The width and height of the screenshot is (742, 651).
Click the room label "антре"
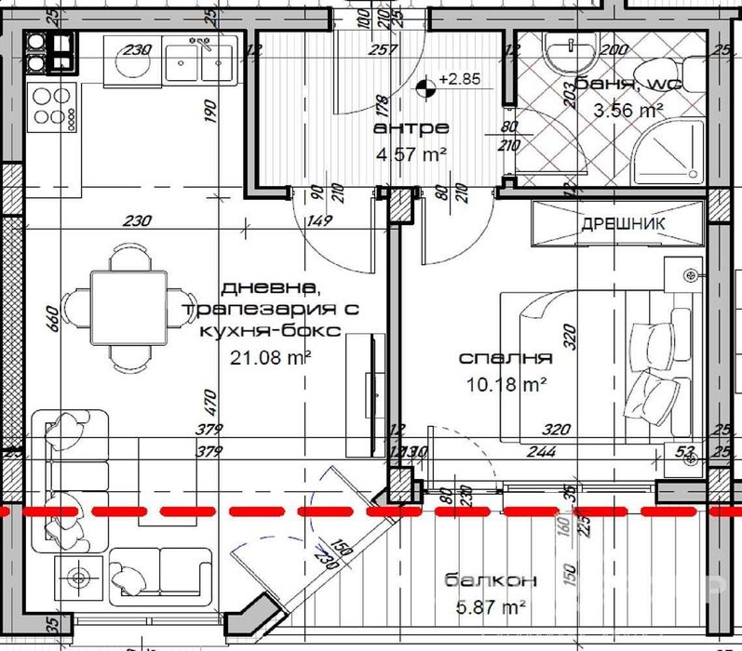click(x=410, y=127)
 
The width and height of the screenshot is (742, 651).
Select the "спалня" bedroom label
click(x=506, y=358)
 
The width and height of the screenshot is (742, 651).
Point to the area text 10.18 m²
click(x=506, y=382)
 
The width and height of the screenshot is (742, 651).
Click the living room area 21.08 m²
click(x=268, y=354)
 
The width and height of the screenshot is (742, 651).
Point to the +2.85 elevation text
click(x=460, y=80)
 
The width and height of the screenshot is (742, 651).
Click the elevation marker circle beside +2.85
click(x=425, y=89)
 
